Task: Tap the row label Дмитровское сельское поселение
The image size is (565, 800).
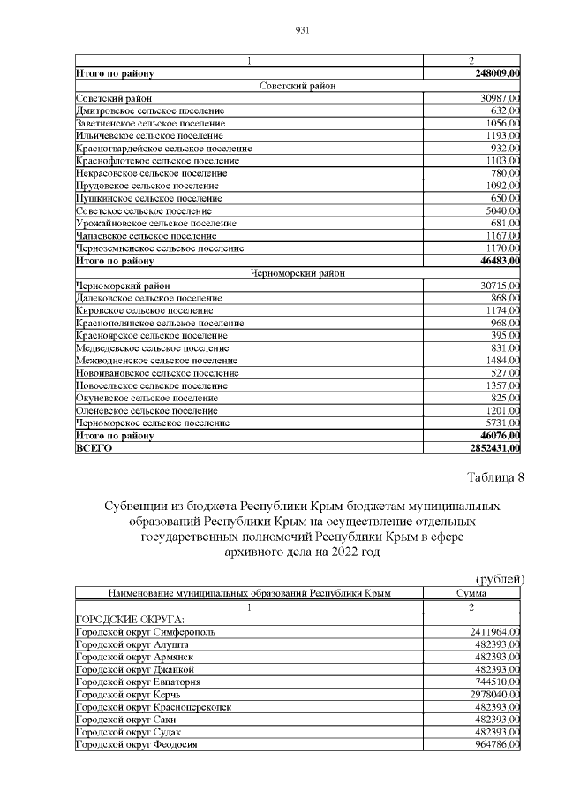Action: coord(149,110)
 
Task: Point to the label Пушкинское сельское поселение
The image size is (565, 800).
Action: coord(148,199)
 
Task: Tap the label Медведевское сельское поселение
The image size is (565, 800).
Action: coord(152,348)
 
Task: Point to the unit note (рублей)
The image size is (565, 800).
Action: coord(500,579)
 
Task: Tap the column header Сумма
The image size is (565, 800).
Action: coord(471,593)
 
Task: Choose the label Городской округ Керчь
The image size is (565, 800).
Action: coord(132,695)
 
